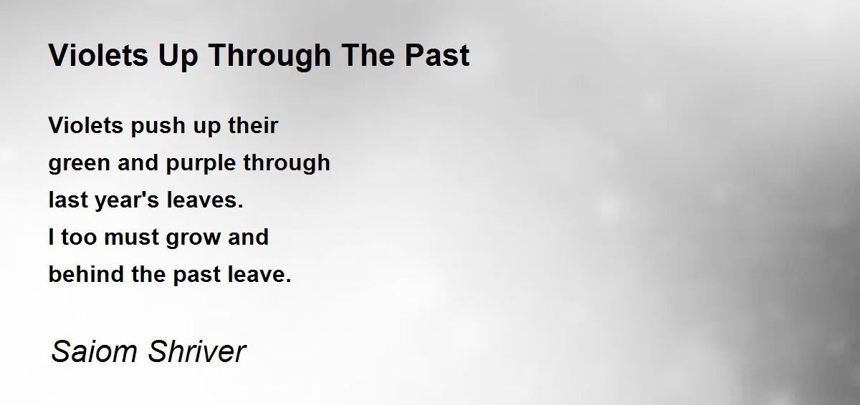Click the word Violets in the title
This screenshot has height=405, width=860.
coord(98,55)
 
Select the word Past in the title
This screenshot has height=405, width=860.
coord(437,55)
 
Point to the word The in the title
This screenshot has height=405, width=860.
coord(368,55)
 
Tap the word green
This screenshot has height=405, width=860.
coord(80,164)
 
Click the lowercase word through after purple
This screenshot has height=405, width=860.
coord(287,163)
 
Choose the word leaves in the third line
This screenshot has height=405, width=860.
coord(203,200)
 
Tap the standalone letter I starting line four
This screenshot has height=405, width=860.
coord(52,237)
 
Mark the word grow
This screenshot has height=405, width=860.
coord(193,238)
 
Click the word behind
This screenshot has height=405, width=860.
coord(87,274)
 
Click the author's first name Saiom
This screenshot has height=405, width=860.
coord(95,351)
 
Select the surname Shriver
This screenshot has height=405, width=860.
coord(197,351)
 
